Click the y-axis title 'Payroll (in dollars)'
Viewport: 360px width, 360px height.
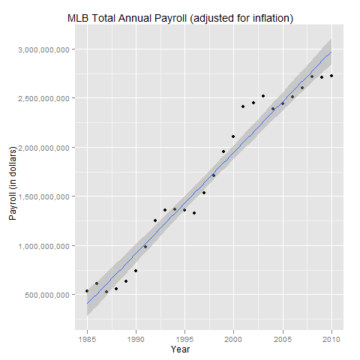coord(13,176)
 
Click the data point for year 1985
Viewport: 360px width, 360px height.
coord(87,290)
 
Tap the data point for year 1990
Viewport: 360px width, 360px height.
coord(136,271)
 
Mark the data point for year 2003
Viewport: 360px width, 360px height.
coord(263,96)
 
